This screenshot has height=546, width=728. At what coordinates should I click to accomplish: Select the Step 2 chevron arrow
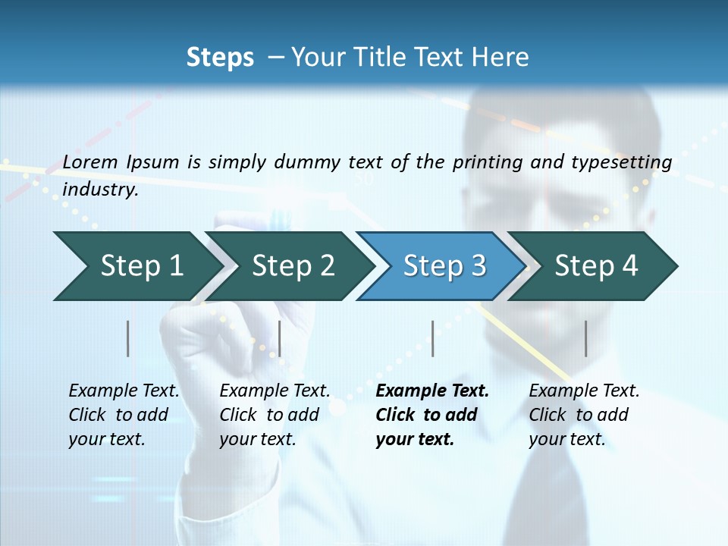click(292, 265)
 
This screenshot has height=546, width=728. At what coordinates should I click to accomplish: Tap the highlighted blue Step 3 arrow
click(444, 265)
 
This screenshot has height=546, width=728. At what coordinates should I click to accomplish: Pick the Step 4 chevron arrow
click(595, 265)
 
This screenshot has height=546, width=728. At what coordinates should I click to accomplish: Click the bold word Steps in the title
click(220, 58)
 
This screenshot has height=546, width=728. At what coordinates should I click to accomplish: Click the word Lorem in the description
click(90, 162)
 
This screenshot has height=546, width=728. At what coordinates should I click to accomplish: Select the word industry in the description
click(100, 189)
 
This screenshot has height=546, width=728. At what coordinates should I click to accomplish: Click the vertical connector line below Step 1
click(128, 338)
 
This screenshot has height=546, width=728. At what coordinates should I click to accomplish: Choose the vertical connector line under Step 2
click(280, 338)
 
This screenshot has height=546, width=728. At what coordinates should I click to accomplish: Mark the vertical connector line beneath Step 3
click(433, 338)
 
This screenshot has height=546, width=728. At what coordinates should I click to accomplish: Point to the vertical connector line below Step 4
click(586, 338)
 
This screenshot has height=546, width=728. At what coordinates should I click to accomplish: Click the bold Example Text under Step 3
click(432, 391)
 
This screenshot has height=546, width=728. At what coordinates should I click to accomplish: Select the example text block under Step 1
click(124, 415)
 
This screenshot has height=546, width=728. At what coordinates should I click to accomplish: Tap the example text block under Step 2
click(275, 415)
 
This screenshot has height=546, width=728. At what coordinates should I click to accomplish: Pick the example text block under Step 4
click(584, 415)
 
